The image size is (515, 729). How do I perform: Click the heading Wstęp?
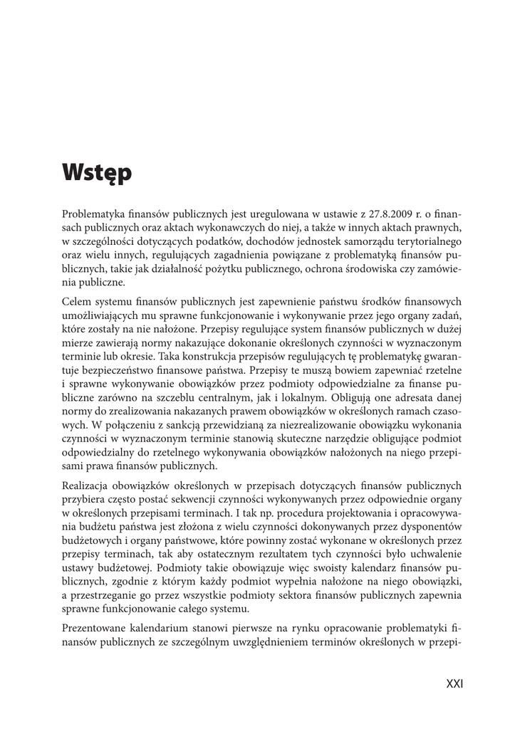pyautogui.click(x=97, y=173)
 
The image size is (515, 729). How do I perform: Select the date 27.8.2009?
pyautogui.click(x=386, y=214)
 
